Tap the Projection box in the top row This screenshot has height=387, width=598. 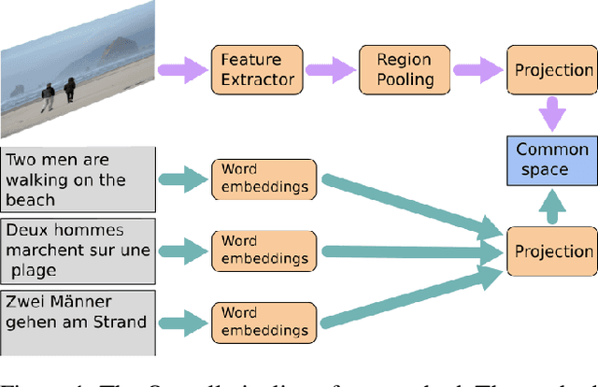[553, 69]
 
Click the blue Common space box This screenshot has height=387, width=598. [552, 161]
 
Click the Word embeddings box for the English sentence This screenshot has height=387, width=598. [264, 178]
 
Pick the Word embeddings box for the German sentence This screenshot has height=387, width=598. [264, 312]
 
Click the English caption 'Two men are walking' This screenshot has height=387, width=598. [77, 178]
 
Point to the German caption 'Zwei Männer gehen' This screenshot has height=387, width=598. [77, 311]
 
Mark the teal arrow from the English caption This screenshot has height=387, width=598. [183, 178]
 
